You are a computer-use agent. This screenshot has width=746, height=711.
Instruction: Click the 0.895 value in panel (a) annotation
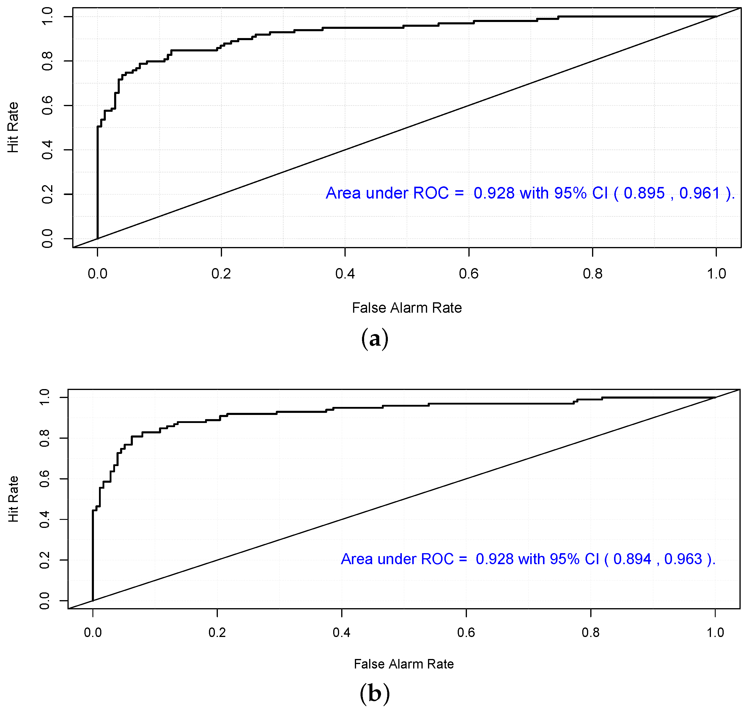[644, 193]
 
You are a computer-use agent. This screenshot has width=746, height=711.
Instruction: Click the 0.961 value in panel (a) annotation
[699, 193]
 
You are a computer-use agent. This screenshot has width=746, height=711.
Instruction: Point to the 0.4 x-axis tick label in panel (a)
[345, 274]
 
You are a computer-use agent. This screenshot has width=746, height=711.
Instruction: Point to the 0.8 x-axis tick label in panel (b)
[590, 632]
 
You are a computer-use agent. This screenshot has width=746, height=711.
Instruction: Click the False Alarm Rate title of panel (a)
[407, 308]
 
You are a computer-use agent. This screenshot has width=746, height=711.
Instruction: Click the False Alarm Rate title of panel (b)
[404, 664]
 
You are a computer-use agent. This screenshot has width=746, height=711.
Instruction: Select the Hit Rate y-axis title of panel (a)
[13, 127]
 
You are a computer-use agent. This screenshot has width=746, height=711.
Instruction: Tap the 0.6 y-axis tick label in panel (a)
[47, 105]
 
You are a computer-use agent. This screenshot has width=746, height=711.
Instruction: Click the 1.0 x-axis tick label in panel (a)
[716, 274]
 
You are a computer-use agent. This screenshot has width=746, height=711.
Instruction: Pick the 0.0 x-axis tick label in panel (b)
[93, 632]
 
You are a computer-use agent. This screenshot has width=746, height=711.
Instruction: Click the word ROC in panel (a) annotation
[430, 193]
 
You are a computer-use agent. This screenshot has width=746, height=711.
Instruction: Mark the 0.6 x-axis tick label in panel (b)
[466, 632]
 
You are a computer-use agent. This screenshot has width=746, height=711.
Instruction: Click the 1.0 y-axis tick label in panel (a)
[47, 17]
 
